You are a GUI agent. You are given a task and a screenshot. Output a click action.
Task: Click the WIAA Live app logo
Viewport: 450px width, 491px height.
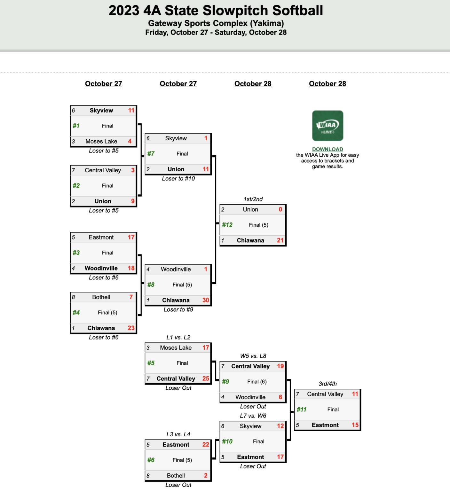(x=328, y=126)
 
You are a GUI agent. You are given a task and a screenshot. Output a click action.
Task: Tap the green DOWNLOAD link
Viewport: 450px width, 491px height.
(x=328, y=149)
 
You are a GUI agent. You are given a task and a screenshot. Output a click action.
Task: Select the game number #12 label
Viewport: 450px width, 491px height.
(x=227, y=225)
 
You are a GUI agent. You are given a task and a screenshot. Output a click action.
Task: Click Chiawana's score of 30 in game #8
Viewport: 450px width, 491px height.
(x=206, y=300)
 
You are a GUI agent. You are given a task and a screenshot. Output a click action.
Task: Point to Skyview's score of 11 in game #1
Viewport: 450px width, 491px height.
(x=131, y=110)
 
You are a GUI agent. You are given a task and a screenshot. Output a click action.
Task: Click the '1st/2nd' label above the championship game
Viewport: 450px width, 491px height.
(x=253, y=199)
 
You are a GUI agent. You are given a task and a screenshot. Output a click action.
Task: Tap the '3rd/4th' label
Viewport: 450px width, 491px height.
(x=328, y=384)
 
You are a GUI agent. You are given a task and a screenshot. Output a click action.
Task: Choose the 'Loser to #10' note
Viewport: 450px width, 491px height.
(x=178, y=178)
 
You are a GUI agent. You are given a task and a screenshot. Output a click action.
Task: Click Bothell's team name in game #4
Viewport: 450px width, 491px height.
(x=101, y=297)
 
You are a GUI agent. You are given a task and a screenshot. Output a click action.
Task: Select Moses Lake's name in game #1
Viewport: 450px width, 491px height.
(x=101, y=141)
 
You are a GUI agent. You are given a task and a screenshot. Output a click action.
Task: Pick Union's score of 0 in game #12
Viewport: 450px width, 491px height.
(x=280, y=209)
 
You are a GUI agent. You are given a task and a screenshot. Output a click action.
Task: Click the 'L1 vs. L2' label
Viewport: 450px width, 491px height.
(x=178, y=337)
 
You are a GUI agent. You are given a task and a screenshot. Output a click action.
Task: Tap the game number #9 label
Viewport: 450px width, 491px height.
(x=226, y=381)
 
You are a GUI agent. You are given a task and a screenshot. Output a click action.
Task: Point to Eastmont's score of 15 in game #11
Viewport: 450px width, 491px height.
(x=355, y=425)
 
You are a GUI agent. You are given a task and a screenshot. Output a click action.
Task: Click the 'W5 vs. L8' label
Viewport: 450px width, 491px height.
(x=253, y=356)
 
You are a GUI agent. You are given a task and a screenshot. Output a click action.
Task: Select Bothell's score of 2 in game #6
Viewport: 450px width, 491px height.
(x=206, y=475)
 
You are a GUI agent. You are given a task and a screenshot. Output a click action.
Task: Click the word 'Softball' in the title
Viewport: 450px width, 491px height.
(x=297, y=11)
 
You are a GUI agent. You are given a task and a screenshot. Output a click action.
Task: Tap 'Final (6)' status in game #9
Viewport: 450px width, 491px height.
(x=257, y=381)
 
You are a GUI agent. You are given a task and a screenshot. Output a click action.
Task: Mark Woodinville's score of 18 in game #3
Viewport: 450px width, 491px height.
(x=131, y=268)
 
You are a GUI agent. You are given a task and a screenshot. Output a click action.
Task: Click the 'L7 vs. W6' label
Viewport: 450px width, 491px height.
(x=253, y=416)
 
